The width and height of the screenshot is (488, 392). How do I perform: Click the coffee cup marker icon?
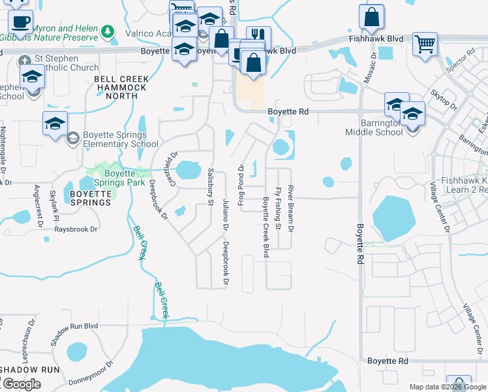pos(21,22)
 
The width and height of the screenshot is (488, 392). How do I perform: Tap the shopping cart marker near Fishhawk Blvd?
pos(425,44)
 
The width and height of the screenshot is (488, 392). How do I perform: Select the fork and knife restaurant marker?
pos(258,37)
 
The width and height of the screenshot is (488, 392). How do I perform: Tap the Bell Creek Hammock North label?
pos(121,88)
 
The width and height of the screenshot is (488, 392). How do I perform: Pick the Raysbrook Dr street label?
pos(76,229)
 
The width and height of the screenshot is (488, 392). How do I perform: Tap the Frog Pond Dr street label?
pos(241,186)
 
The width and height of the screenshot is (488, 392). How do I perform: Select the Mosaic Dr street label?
pos(374,64)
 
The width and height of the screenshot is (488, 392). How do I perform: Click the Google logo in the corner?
pos(22,384)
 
